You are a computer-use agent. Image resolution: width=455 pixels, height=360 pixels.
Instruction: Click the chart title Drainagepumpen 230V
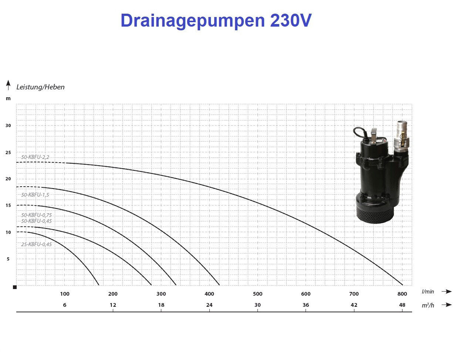[x=216, y=21]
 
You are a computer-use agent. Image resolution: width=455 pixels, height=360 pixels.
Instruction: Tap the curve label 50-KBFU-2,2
[x=35, y=157]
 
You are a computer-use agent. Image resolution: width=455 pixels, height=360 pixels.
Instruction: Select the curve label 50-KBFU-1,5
[x=35, y=195]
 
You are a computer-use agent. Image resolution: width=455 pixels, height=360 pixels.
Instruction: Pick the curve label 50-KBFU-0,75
[x=36, y=215]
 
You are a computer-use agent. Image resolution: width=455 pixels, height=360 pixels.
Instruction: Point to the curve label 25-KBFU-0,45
[x=36, y=244]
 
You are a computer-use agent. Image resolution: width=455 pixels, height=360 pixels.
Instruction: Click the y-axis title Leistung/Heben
[x=40, y=87]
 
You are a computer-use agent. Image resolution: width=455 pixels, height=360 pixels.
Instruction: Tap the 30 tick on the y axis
[x=8, y=126]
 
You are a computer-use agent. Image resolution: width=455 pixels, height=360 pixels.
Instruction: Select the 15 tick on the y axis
[x=8, y=206]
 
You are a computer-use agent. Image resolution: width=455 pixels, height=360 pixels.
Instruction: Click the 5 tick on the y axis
[x=8, y=259]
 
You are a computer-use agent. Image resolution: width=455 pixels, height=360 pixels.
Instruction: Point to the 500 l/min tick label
[x=257, y=294]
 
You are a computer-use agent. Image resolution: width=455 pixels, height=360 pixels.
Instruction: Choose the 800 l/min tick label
[x=402, y=294]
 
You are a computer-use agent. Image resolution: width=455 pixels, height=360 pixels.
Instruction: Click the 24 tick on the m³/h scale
[x=209, y=305]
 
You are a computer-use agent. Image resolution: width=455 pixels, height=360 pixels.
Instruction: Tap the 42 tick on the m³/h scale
[x=354, y=305]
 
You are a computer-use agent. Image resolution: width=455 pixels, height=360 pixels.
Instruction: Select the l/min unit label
[x=428, y=292]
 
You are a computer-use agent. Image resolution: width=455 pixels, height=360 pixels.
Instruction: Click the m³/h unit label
[x=428, y=305]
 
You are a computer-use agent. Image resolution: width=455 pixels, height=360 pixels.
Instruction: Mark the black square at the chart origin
[x=15, y=287]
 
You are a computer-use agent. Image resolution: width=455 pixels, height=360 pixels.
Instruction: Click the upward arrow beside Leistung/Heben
[x=8, y=85]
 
